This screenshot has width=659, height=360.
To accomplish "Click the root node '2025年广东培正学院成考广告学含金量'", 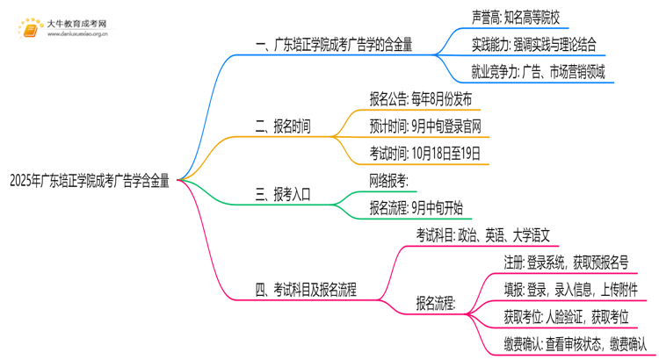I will click(x=89, y=181).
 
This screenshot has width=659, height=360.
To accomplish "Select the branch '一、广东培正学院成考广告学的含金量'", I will click(x=333, y=45).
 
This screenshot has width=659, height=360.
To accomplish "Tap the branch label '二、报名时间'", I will click(x=282, y=126).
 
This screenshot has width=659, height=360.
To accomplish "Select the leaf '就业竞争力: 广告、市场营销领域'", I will click(x=538, y=73).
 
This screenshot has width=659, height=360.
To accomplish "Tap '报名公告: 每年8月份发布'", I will click(x=421, y=98).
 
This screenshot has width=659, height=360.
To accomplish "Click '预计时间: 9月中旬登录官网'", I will click(x=425, y=126).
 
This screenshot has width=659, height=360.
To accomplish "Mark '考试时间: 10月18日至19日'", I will click(x=425, y=154).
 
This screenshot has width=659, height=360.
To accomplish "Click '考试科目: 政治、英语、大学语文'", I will click(x=483, y=235).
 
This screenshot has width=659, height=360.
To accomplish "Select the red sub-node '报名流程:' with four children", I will click(x=435, y=304).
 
